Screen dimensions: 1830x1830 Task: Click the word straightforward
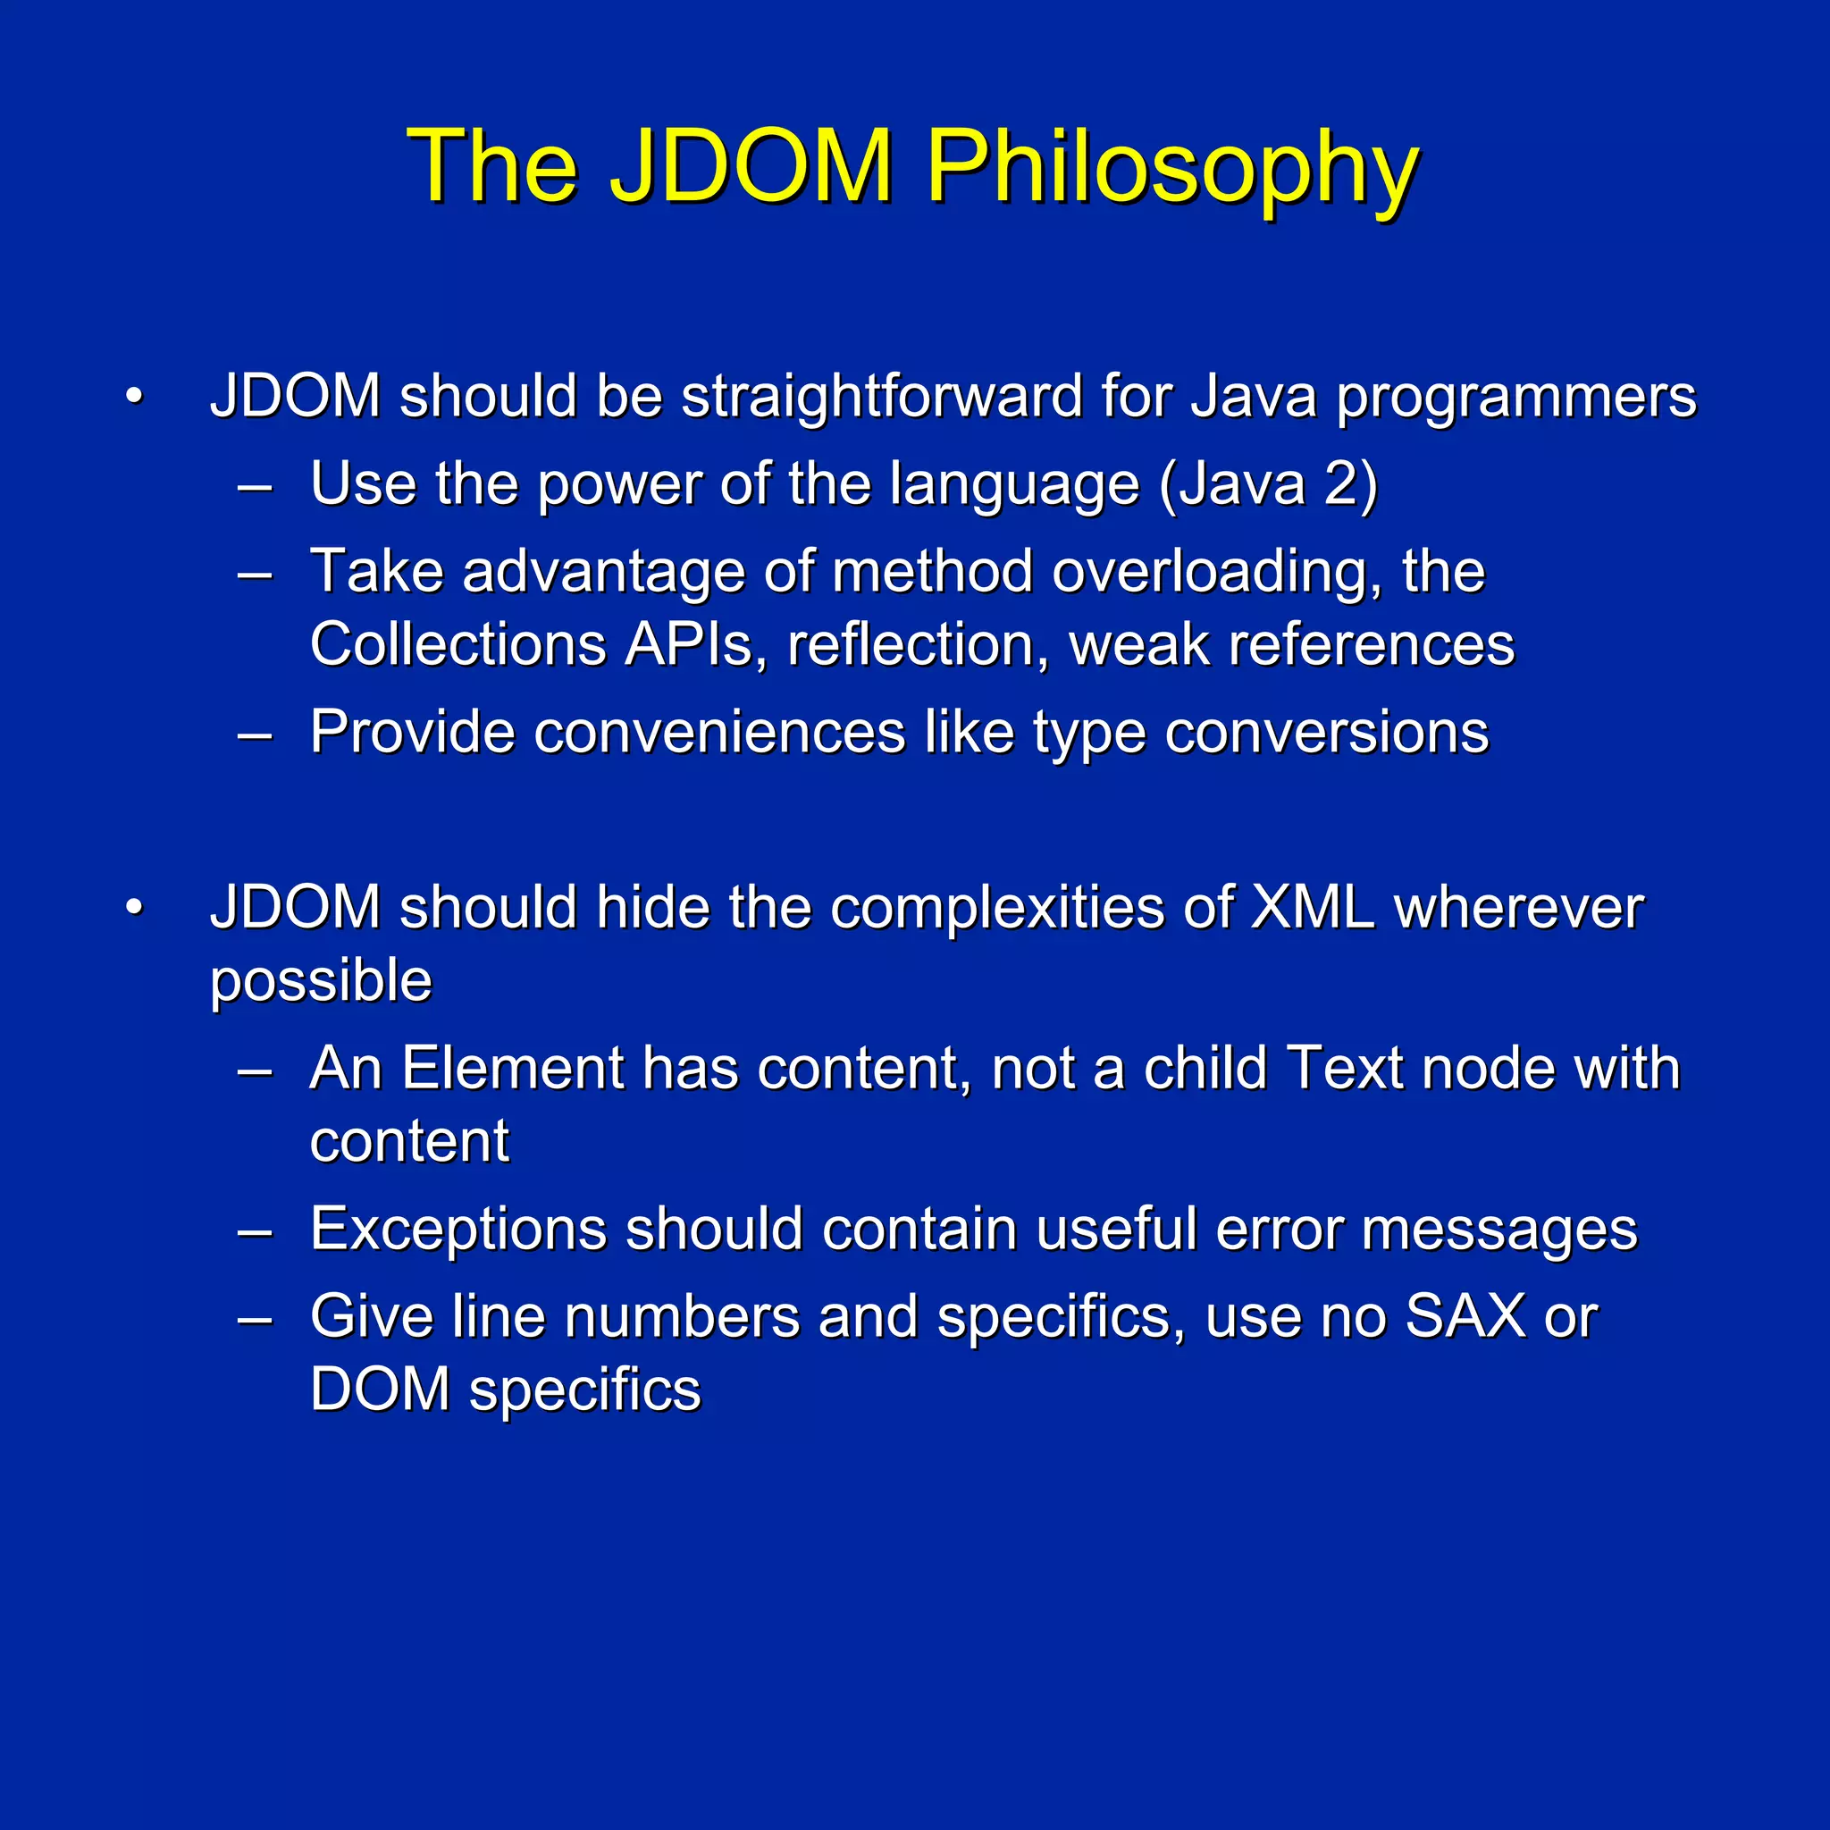tap(882, 395)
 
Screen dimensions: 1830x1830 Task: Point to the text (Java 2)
tap(1269, 484)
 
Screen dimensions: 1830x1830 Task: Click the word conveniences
tap(720, 732)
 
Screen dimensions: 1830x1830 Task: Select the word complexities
tap(997, 908)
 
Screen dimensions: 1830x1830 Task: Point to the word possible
tap(320, 982)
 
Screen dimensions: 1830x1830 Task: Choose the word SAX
tap(1465, 1315)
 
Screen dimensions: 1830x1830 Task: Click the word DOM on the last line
tap(380, 1389)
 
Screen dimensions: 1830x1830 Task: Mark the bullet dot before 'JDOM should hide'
tap(135, 908)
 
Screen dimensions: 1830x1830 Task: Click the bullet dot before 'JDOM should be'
tap(135, 396)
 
